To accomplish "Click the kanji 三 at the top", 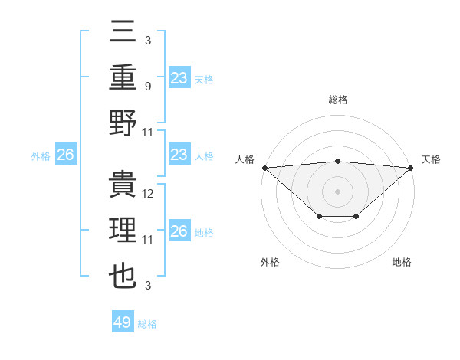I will pyautogui.click(x=123, y=33).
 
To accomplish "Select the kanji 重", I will pyautogui.click(x=123, y=78).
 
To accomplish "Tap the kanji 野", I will pyautogui.click(x=123, y=124).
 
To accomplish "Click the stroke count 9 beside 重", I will pyautogui.click(x=148, y=87).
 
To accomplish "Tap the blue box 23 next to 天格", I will pyautogui.click(x=179, y=77).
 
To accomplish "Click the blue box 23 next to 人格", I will pyautogui.click(x=179, y=155).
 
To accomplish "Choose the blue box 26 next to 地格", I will pyautogui.click(x=179, y=231).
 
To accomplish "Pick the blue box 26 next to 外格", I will pyautogui.click(x=65, y=155).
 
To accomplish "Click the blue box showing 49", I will pyautogui.click(x=123, y=322).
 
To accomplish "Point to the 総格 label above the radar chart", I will pyautogui.click(x=337, y=100).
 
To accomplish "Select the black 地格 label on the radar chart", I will pyautogui.click(x=402, y=263).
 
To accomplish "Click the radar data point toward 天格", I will pyautogui.click(x=412, y=168).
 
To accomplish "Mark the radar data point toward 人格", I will pyautogui.click(x=264, y=168).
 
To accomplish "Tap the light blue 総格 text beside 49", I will pyautogui.click(x=147, y=324).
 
